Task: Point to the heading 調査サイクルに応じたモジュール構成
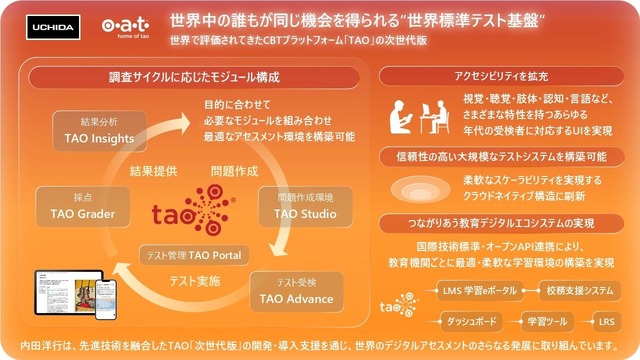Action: (193, 77)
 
